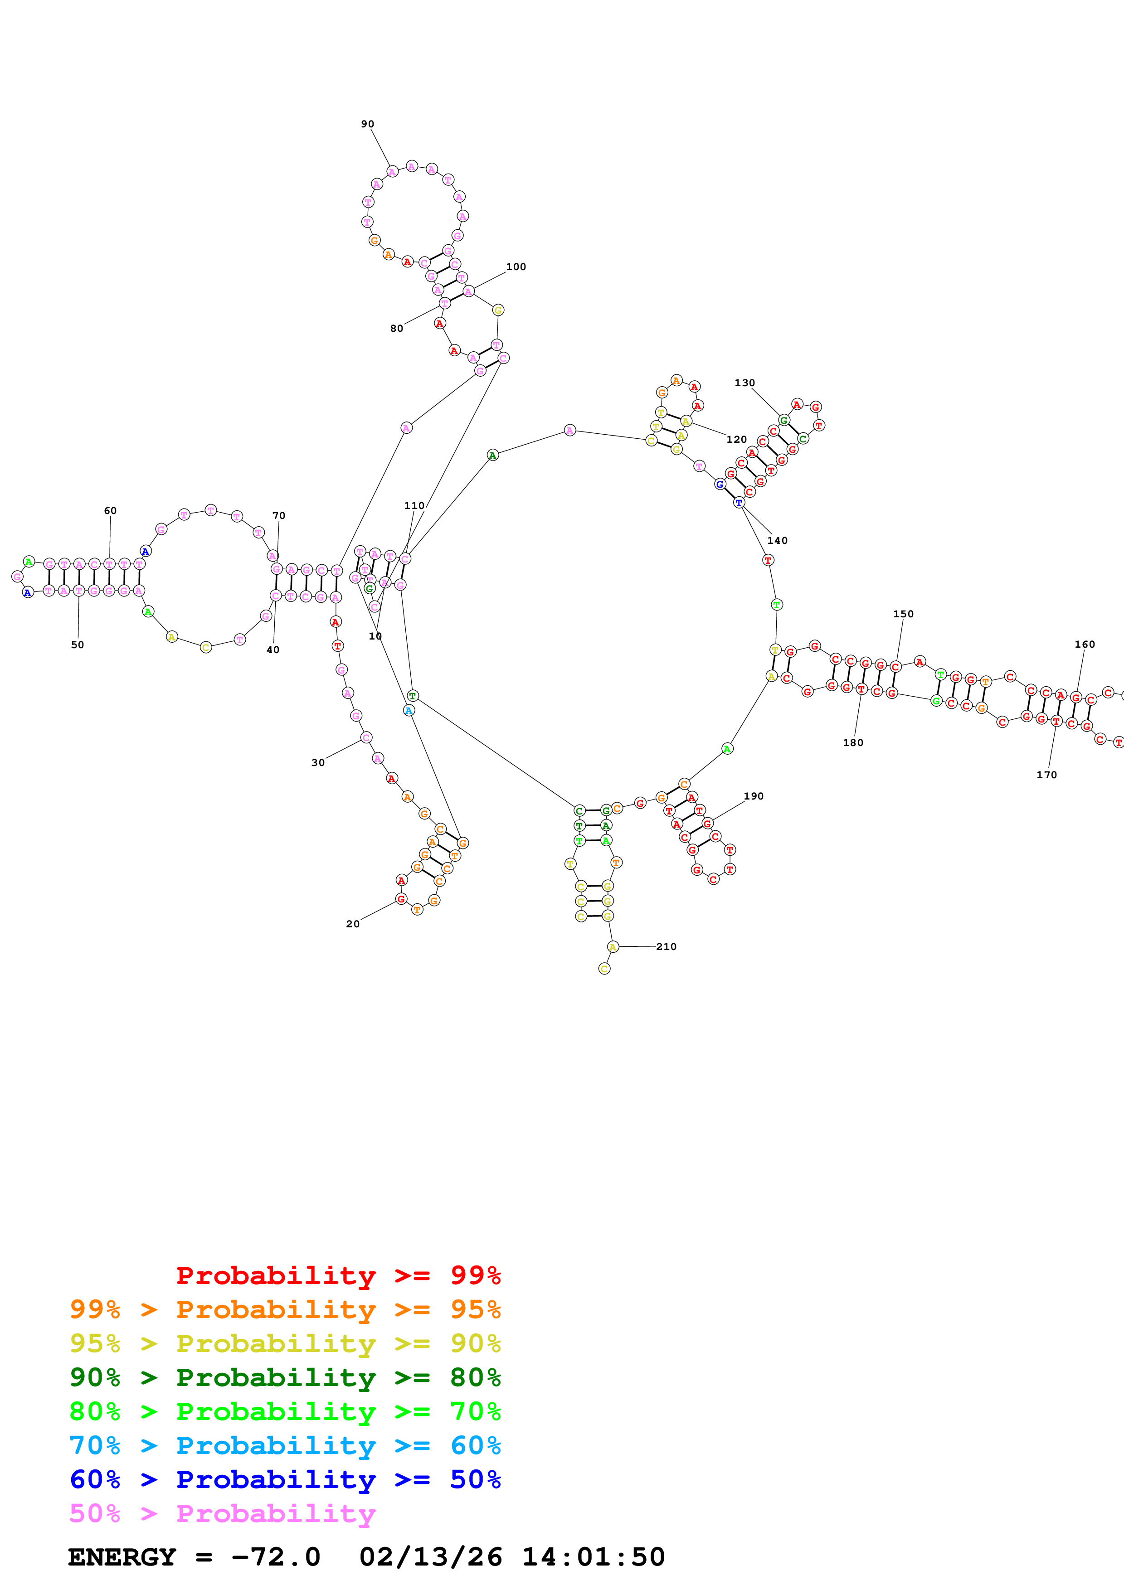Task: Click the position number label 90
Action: (x=367, y=124)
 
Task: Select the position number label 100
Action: (x=516, y=267)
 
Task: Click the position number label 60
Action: (x=110, y=510)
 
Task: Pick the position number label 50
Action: (x=78, y=644)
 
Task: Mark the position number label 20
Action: (x=352, y=923)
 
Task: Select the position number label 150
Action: (x=903, y=614)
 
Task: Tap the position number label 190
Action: (x=754, y=796)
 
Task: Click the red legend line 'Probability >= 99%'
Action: (x=338, y=1275)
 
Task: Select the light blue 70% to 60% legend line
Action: (x=285, y=1445)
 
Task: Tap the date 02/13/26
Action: (x=430, y=1557)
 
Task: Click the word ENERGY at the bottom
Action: (x=122, y=1557)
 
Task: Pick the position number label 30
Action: (x=318, y=762)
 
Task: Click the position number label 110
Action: (x=414, y=505)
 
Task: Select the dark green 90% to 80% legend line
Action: (x=285, y=1377)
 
